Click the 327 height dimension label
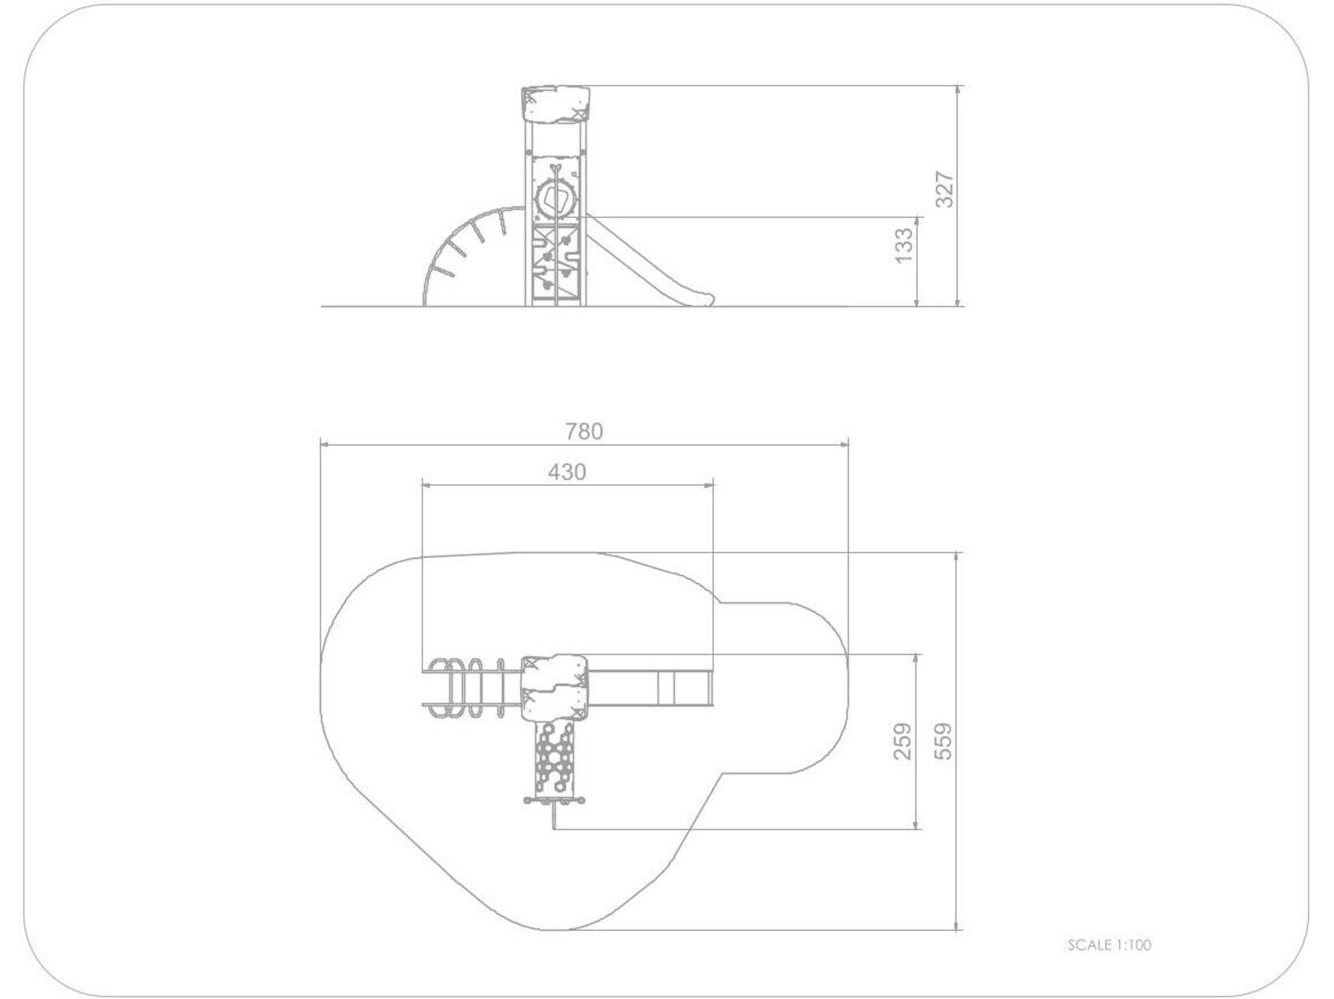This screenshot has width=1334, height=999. coord(946,189)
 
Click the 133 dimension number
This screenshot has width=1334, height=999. coord(904,245)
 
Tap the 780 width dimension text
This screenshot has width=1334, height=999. coord(584,431)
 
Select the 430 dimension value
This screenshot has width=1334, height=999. coord(567,472)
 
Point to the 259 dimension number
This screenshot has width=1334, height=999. coord(904,740)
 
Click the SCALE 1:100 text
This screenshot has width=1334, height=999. coord(1109,945)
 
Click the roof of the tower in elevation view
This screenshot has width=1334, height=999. coord(556,104)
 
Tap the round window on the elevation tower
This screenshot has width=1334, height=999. coord(555,200)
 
